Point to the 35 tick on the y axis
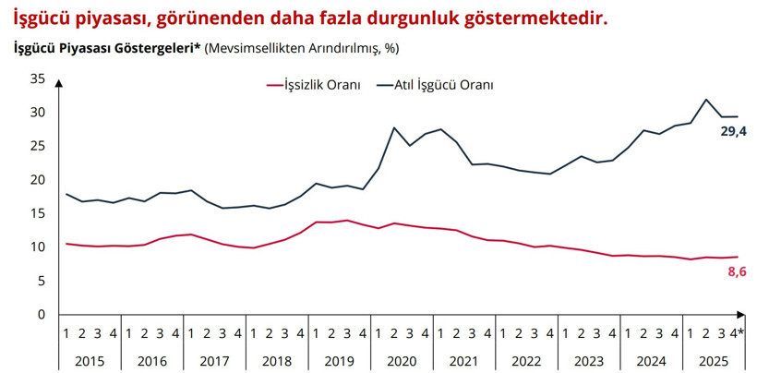click(x=37, y=79)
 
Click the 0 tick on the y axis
click(x=41, y=315)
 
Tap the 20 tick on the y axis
click(x=37, y=180)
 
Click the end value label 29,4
click(x=733, y=132)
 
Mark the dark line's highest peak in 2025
click(x=706, y=100)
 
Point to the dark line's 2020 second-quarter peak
click(x=394, y=127)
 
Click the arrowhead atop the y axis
click(x=59, y=82)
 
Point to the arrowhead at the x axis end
click(x=750, y=315)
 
